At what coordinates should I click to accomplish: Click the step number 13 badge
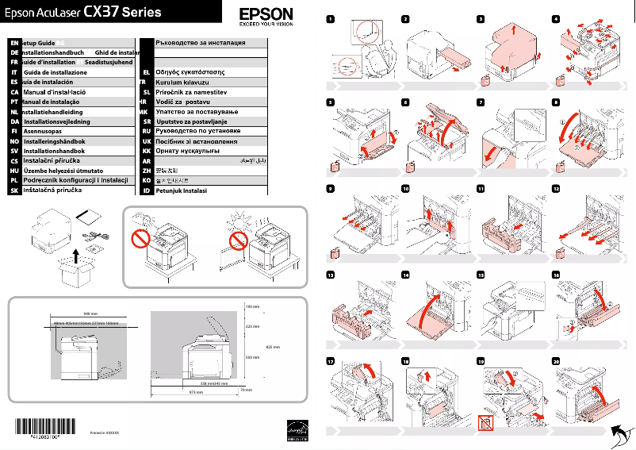[331, 275]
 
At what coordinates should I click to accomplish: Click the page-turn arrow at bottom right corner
[623, 433]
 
